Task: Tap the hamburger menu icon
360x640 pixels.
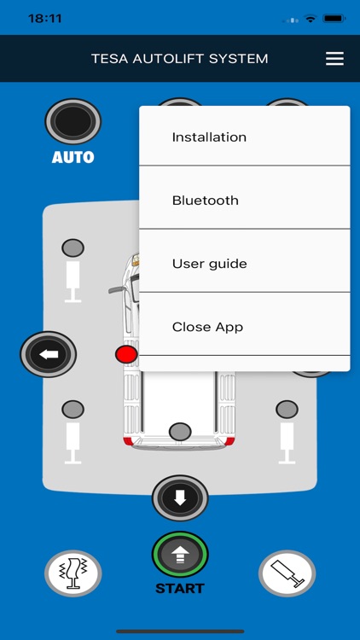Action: click(x=334, y=59)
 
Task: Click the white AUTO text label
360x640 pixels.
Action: click(x=73, y=158)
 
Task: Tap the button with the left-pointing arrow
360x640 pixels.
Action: click(x=49, y=353)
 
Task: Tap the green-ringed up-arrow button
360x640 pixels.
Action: click(x=180, y=555)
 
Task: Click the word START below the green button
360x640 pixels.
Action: click(x=180, y=589)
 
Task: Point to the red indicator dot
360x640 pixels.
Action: click(x=126, y=354)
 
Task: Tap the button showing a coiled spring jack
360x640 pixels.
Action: click(x=73, y=573)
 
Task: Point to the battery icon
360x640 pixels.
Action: click(x=334, y=18)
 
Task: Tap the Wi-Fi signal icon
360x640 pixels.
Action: click(x=311, y=18)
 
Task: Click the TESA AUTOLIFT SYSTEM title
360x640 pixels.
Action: click(x=180, y=59)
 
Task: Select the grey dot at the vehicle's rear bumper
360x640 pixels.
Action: click(x=180, y=432)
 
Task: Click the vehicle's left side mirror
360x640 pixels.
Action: click(x=117, y=290)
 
